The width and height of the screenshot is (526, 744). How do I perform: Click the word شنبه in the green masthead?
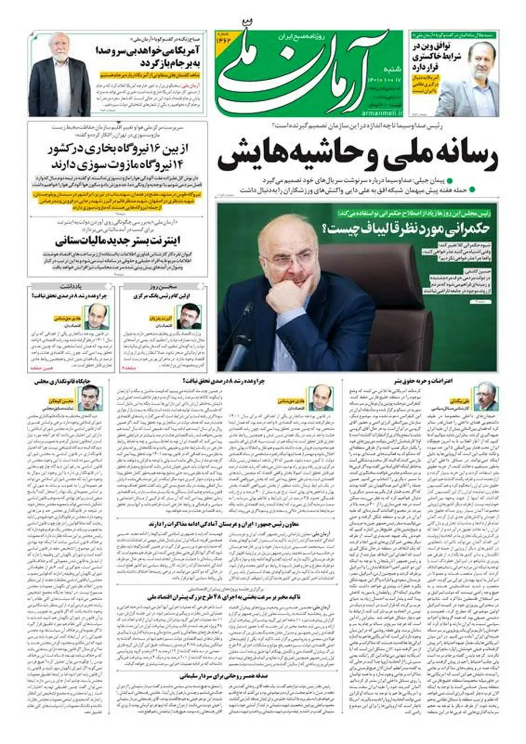(392, 69)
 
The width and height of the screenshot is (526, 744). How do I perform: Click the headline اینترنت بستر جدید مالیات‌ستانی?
(118, 241)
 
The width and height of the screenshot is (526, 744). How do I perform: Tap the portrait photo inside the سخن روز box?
(189, 317)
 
